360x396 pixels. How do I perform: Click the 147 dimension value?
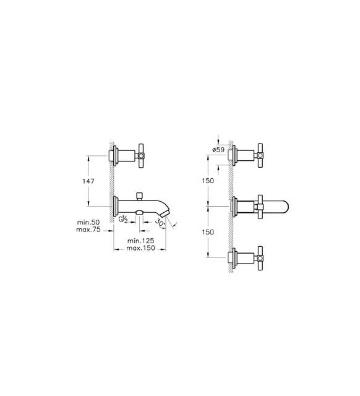(x=88, y=181)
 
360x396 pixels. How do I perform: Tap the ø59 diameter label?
(x=218, y=150)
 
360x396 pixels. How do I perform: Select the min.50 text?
(x=88, y=222)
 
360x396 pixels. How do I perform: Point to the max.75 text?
(x=88, y=230)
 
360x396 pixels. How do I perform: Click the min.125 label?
(x=140, y=241)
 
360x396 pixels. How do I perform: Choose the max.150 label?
(x=140, y=248)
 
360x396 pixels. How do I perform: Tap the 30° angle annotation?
(x=160, y=223)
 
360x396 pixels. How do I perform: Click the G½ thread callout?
(x=123, y=220)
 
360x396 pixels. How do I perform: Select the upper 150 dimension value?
(x=208, y=181)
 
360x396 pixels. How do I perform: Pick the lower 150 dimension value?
(x=208, y=232)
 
